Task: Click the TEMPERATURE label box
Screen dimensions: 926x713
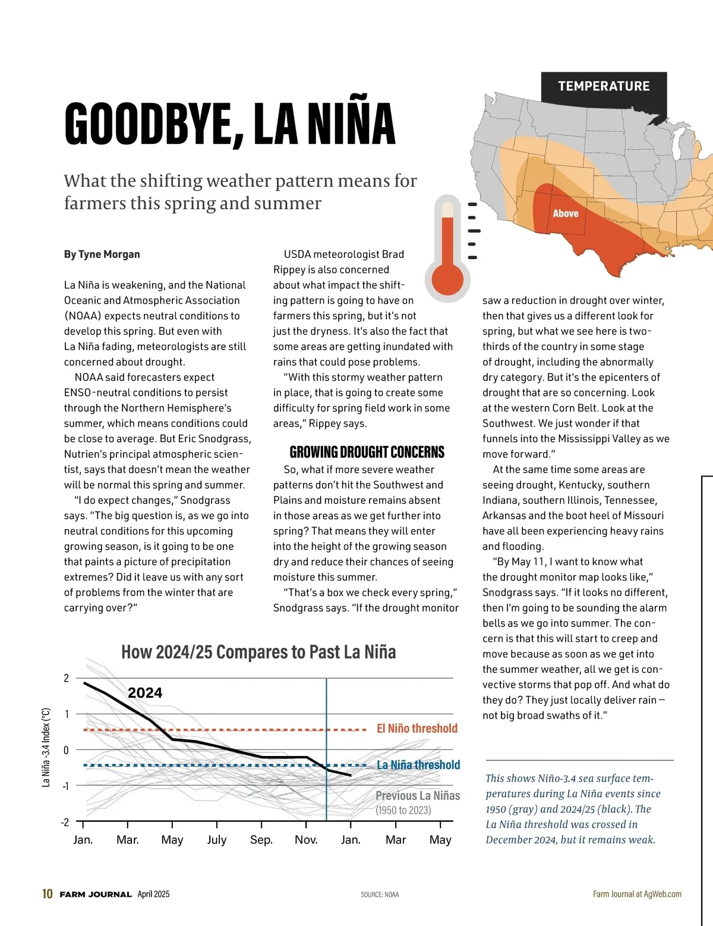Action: (604, 86)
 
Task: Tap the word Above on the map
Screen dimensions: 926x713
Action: (566, 213)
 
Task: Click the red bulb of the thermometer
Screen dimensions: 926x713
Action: (447, 278)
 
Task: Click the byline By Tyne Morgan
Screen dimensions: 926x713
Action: (102, 254)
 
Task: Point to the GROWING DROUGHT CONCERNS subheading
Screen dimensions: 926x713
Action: (367, 452)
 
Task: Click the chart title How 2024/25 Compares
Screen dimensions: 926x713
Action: (258, 652)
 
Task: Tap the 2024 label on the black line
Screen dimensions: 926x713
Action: (145, 693)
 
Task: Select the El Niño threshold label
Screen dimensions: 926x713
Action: (417, 729)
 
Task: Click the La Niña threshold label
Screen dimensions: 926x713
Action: (418, 765)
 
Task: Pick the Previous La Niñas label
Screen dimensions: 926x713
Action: (418, 796)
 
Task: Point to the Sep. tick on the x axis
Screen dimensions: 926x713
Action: (261, 840)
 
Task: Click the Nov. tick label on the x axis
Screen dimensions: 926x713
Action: (306, 840)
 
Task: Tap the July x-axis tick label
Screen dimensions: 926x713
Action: (217, 840)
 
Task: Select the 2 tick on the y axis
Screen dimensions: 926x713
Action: (66, 678)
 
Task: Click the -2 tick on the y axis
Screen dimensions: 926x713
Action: (65, 822)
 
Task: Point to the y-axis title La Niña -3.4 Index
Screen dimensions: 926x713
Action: (46, 747)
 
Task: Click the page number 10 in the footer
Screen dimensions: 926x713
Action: (48, 894)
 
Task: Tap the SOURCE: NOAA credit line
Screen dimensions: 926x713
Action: (380, 894)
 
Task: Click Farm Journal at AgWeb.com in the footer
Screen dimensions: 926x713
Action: (637, 894)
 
